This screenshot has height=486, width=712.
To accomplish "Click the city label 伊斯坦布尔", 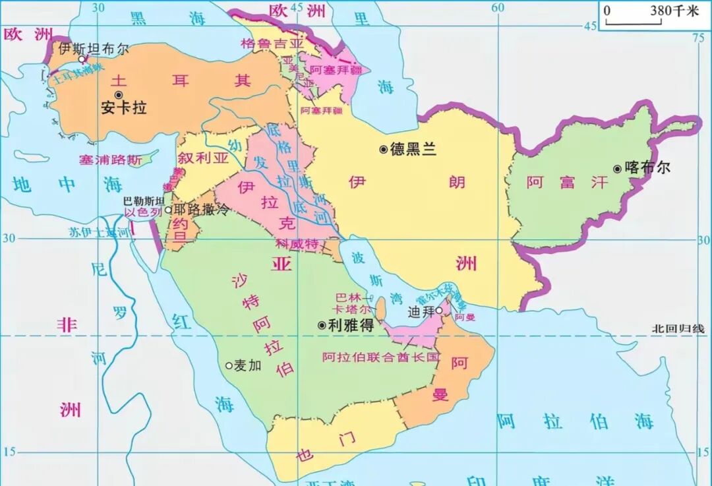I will [x=94, y=48].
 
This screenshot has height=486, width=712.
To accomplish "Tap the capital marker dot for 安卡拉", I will [x=119, y=94].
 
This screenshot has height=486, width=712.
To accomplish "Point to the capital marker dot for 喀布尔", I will [x=617, y=169].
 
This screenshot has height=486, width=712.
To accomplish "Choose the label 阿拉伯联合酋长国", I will [x=380, y=357].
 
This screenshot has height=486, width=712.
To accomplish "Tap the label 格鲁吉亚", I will [x=272, y=44].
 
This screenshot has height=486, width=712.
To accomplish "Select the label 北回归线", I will [x=678, y=328].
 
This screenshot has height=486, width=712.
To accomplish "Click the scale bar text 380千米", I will [x=674, y=11].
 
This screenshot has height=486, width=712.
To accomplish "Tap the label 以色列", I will [x=143, y=213].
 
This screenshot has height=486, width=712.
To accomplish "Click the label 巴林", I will [x=349, y=297].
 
